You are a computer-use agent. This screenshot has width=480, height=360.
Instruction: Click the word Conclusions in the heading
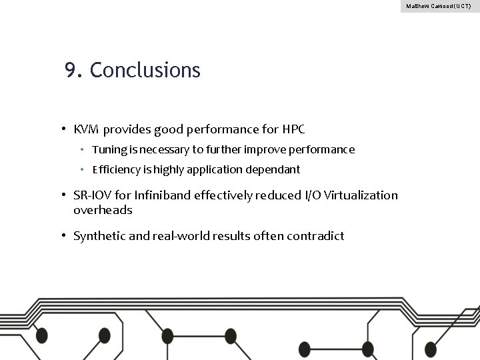145,70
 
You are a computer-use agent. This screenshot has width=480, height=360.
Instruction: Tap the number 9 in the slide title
70,70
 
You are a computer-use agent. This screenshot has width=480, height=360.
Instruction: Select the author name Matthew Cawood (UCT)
438,6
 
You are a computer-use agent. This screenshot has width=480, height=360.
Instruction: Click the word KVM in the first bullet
87,128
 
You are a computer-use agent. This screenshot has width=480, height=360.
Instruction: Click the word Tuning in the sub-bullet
107,149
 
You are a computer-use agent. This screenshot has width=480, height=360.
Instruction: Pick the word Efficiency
114,169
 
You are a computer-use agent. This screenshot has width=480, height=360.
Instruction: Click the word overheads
103,210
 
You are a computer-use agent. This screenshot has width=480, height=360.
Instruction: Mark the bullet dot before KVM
62,128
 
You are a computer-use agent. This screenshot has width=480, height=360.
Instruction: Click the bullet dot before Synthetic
62,235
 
